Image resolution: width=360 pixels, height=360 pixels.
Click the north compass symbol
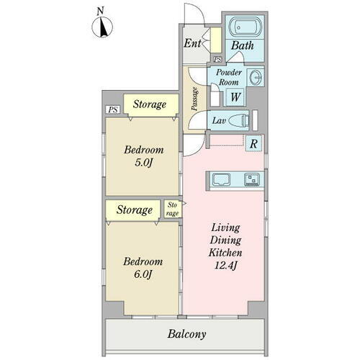pos(102,27)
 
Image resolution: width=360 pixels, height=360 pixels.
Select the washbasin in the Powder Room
pos(256,78)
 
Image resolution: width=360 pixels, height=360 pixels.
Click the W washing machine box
pos(235,97)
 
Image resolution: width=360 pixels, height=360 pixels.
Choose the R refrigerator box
pos(253,144)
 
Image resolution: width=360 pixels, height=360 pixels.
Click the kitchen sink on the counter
pos(221,179)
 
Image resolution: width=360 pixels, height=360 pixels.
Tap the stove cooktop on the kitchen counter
pos(252,179)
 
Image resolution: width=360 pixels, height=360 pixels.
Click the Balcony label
pos(186,334)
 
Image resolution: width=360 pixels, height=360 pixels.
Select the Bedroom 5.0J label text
pos(144,156)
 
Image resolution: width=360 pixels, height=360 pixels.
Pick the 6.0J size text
pos(143,274)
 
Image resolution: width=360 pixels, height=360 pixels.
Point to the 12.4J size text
pos(225,266)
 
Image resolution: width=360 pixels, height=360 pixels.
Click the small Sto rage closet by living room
pos(173,209)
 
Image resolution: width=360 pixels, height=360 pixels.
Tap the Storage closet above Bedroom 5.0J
pos(151,105)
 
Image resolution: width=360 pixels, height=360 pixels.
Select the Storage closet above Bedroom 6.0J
pos(133,210)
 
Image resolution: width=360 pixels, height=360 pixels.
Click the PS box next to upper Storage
pos(113,109)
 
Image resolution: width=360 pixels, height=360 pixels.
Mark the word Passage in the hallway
pos(194,99)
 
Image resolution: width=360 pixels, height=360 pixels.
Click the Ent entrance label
pos(192,43)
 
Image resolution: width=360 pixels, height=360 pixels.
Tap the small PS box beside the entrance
pos(218,59)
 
